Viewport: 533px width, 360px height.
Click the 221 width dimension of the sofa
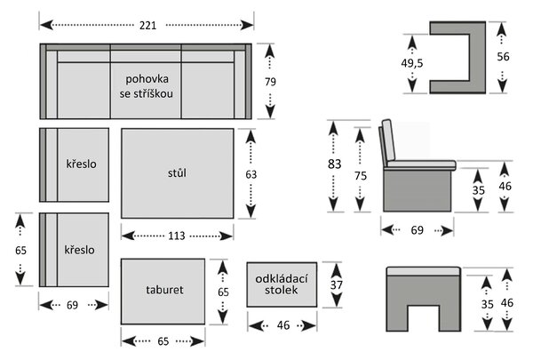(x=147, y=26)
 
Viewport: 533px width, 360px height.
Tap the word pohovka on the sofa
(x=147, y=79)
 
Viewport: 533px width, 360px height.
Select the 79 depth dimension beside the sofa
(x=271, y=82)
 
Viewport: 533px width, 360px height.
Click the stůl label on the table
(x=177, y=172)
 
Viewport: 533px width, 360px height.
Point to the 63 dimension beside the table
(x=251, y=174)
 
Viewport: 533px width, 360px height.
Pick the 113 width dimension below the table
(x=177, y=236)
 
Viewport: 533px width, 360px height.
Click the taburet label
(x=164, y=290)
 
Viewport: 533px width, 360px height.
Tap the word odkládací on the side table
(x=282, y=279)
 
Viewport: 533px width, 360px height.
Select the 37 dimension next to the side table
(x=336, y=284)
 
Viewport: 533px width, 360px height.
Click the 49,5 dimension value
(x=412, y=63)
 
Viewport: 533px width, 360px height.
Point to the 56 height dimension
(x=503, y=57)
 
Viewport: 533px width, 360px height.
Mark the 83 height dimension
(x=334, y=164)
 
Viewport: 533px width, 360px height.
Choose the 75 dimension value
(x=361, y=176)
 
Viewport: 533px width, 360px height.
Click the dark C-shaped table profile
(x=478, y=57)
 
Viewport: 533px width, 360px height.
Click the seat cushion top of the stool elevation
(x=424, y=271)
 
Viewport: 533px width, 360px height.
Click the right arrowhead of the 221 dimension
(x=247, y=25)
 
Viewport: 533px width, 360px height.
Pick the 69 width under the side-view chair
(x=418, y=230)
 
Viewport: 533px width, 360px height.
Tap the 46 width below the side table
(x=283, y=325)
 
